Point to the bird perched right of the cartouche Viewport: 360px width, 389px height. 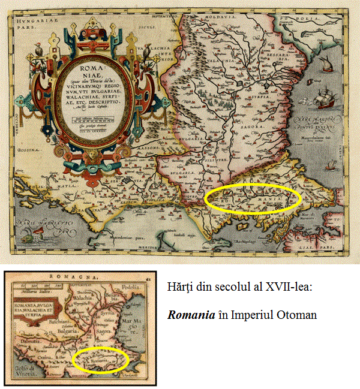(146, 55)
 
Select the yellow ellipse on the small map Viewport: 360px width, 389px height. (100, 360)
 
